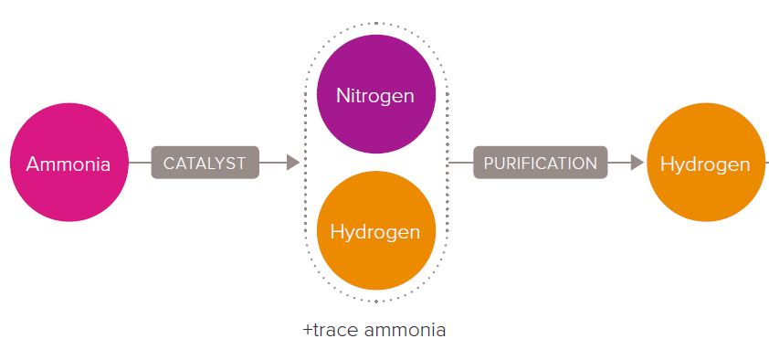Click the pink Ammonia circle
tap(69, 163)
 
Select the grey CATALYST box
tap(205, 163)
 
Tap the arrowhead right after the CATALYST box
tap(293, 163)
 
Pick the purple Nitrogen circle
tap(376, 94)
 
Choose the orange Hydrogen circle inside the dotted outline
tap(376, 230)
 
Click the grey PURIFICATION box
tap(541, 163)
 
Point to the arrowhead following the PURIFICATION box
tap(637, 163)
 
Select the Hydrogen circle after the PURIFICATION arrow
tap(706, 163)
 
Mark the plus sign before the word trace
tap(308, 331)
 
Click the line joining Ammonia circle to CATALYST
tap(140, 163)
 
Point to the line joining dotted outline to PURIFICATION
tap(460, 163)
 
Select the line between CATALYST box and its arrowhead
tap(273, 163)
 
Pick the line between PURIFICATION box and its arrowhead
tap(619, 163)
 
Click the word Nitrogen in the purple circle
tap(375, 96)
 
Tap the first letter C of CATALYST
tap(169, 164)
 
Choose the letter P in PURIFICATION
tap(489, 164)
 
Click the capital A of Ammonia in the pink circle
tap(34, 164)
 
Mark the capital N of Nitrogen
tap(342, 95)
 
